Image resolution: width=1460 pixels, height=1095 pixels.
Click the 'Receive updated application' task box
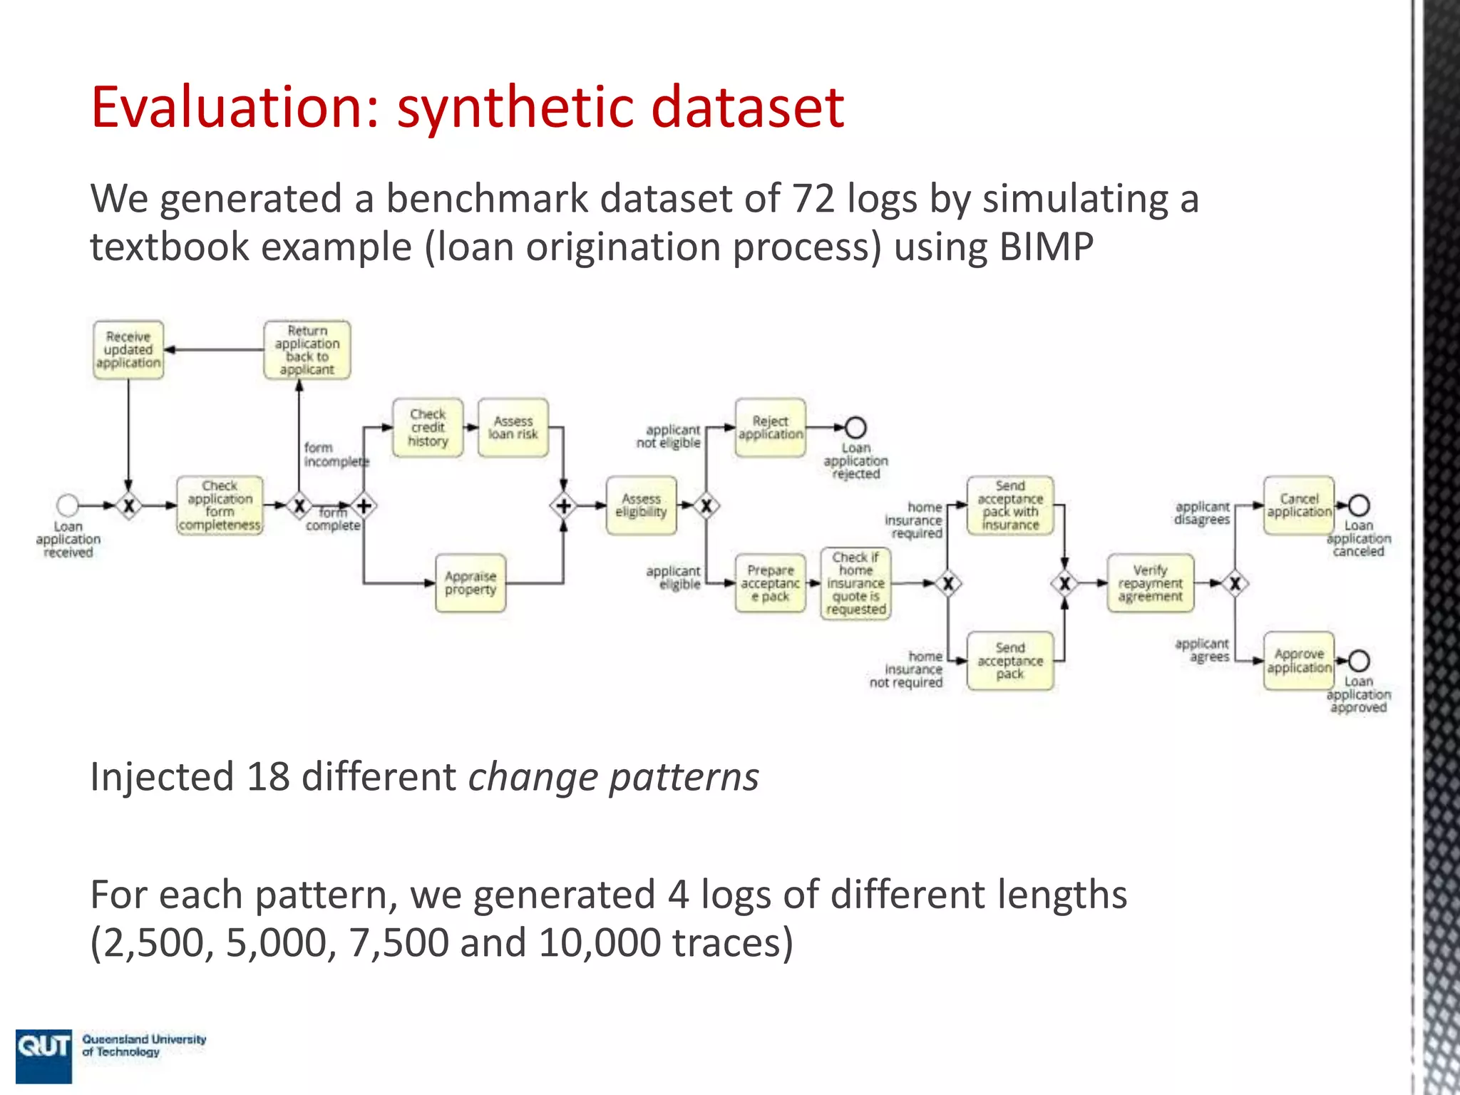[128, 350]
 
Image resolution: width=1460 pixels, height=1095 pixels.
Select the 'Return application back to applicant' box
[307, 350]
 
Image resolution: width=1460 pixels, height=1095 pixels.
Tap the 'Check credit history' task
[428, 428]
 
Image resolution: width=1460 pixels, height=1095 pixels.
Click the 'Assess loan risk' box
[513, 428]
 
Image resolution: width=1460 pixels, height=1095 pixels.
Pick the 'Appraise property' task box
[471, 583]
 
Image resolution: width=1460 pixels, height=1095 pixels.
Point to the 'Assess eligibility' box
[642, 505]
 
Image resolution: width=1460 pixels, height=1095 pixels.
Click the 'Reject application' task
[771, 428]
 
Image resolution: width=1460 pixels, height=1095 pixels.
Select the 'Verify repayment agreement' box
[1150, 583]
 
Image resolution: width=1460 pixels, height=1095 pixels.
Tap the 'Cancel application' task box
[1299, 505]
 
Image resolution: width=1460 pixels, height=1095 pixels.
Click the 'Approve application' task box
[1299, 661]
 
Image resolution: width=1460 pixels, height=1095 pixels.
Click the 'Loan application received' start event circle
[68, 505]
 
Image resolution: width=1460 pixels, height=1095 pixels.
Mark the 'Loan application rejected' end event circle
[855, 428]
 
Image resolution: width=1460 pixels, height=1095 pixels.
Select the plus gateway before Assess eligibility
[563, 506]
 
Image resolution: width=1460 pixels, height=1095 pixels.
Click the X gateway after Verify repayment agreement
[1235, 584]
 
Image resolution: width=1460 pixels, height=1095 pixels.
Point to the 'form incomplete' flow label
[336, 455]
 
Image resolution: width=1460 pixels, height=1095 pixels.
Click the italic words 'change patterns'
[613, 777]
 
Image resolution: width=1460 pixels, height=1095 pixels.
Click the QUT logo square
[43, 1056]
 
